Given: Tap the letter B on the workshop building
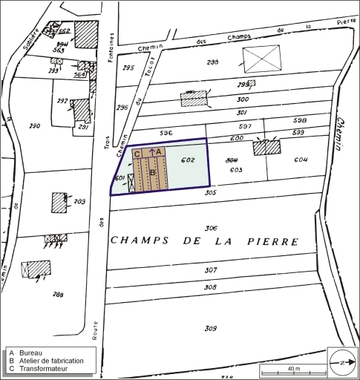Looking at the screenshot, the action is click(153, 173).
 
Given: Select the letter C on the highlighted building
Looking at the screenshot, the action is click(137, 154).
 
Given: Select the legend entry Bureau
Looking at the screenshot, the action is click(31, 352).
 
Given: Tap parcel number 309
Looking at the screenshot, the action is click(211, 328).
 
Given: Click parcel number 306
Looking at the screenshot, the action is click(211, 228).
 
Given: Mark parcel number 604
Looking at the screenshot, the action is click(300, 160).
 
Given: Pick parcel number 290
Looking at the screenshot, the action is click(34, 126).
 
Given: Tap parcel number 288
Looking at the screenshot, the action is click(58, 295).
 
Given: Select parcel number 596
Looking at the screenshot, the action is click(166, 133).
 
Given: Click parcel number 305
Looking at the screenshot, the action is click(211, 193).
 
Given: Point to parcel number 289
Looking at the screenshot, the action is click(79, 202).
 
